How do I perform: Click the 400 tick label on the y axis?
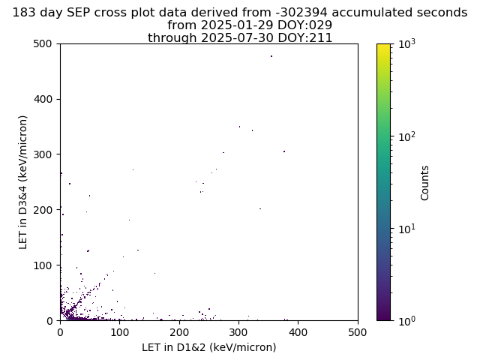[x=43, y=99]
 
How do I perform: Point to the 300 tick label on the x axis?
[x=238, y=332]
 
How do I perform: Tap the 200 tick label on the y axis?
[x=43, y=210]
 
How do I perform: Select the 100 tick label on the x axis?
[x=120, y=332]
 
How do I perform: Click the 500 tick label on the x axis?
[x=358, y=332]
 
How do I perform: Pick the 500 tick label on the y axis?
[x=43, y=43]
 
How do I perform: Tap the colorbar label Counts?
[x=424, y=183]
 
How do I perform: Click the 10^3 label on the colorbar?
[x=406, y=44]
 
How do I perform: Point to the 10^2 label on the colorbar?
[x=406, y=136]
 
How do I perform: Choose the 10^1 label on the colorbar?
[x=406, y=229]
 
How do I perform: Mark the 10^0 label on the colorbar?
[x=406, y=321]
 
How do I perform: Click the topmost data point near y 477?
[x=271, y=56]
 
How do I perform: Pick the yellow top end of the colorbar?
[x=383, y=45]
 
